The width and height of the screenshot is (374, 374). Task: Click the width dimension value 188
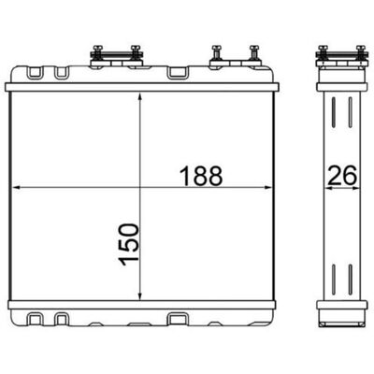click(x=201, y=176)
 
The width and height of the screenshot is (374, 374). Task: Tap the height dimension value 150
click(x=129, y=244)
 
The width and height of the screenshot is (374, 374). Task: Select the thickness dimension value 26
click(x=342, y=176)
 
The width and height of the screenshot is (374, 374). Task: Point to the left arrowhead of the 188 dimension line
click(x=16, y=188)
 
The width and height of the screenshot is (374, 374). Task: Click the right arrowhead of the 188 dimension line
click(x=268, y=188)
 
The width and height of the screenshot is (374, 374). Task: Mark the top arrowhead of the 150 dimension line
click(x=140, y=97)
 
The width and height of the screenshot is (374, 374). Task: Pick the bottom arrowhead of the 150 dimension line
click(x=140, y=295)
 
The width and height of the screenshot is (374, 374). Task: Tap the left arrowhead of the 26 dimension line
click(x=328, y=188)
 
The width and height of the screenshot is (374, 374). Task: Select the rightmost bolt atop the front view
click(x=254, y=52)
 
